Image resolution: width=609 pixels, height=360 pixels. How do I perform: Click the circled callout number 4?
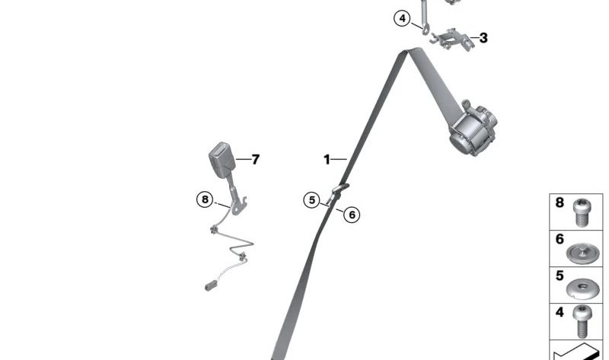tap(402, 18)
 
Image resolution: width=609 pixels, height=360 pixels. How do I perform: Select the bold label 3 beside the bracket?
tap(483, 38)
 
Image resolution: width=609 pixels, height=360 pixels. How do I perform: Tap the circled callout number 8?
tap(205, 199)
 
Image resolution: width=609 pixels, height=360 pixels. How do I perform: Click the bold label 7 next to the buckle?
tap(255, 159)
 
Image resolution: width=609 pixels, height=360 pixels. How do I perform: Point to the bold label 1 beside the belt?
tap(327, 159)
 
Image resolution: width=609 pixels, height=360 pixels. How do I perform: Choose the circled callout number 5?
tap(311, 200)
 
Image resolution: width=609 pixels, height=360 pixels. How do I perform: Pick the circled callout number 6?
tap(352, 215)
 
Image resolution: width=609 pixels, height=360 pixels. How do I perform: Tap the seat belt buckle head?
tap(222, 159)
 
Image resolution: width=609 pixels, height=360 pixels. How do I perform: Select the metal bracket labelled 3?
tap(452, 40)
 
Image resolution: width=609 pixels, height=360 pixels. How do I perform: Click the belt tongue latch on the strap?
tap(337, 193)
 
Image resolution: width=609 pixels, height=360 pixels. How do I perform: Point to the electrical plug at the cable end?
tap(211, 287)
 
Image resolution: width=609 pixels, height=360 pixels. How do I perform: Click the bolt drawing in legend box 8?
tap(582, 212)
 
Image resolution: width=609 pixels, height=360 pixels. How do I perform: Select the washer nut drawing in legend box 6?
tap(582, 253)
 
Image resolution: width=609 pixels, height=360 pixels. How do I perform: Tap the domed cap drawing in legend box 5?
tap(582, 288)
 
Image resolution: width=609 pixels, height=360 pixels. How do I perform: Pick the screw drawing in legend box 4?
tap(582, 321)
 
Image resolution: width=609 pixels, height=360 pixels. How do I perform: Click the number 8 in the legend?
tap(560, 202)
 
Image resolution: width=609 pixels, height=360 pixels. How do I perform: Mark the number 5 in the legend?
tap(560, 276)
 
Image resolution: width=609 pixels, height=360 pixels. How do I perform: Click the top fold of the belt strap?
tap(409, 52)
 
